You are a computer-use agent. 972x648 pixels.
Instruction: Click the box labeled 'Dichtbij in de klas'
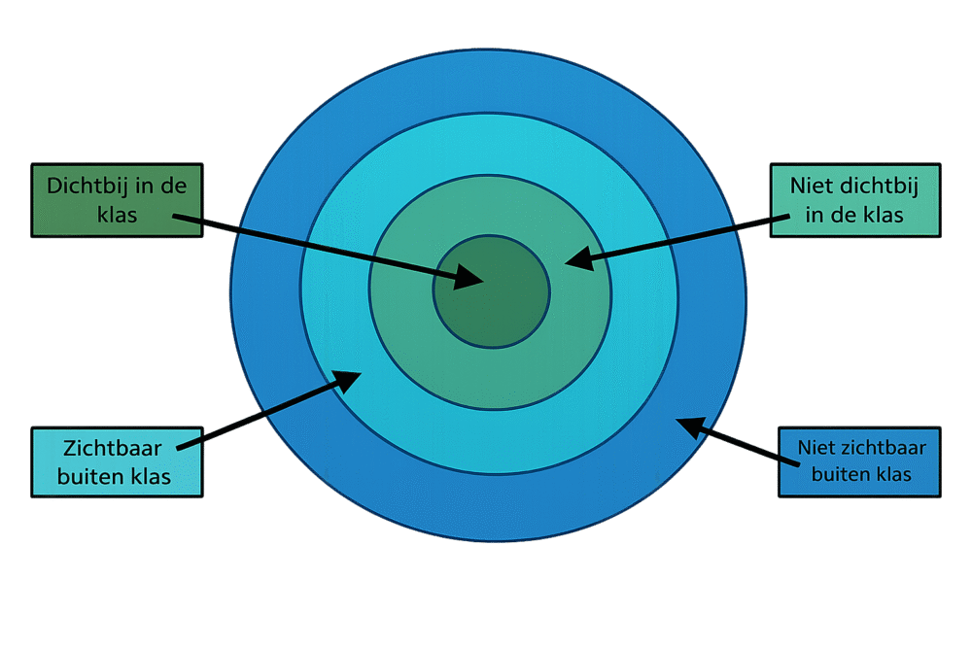pos(117,200)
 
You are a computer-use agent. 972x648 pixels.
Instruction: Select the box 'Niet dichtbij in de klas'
pos(854,200)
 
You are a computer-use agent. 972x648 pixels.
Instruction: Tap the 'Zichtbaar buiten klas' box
pos(117,462)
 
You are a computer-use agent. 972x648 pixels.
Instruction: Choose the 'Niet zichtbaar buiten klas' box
pos(859,462)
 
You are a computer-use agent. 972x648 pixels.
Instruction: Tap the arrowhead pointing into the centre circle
pos(470,279)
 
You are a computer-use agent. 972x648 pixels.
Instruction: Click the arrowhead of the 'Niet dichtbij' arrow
pos(578,259)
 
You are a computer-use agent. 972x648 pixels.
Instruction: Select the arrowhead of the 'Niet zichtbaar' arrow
pos(689,426)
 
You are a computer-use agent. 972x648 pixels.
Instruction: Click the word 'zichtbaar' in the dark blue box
pos(881,449)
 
